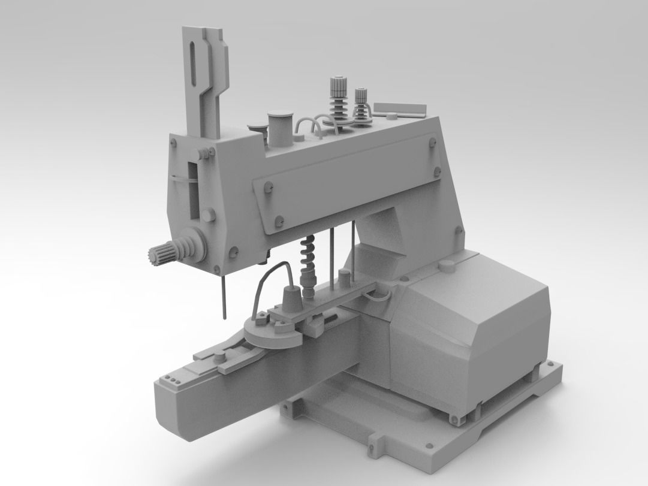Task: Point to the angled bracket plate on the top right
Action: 400,109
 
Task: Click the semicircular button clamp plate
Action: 273,336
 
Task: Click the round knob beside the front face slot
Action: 208,215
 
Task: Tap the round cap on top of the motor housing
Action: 447,265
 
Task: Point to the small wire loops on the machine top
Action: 311,128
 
